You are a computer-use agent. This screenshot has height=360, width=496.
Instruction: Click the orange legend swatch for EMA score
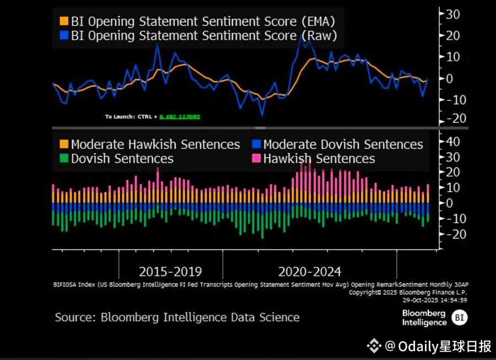[63, 22]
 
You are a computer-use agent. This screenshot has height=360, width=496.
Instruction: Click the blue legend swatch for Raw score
[63, 36]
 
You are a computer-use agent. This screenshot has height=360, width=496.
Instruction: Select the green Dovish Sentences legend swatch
[63, 159]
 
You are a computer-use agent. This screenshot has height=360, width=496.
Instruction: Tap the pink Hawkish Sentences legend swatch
[256, 159]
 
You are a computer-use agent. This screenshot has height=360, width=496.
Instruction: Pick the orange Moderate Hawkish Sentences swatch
[63, 144]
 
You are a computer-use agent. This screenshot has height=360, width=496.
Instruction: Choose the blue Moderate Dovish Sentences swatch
[256, 144]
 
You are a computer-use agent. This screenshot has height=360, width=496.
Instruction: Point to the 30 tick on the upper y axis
[452, 14]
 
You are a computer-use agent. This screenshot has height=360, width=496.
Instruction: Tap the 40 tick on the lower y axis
[452, 142]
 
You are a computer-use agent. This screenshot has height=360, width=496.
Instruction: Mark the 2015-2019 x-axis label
[170, 272]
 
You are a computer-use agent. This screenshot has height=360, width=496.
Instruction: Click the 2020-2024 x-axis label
[310, 272]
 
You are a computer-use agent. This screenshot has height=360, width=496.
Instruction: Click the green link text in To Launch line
[180, 117]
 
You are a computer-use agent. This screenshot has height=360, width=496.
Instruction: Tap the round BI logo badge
[459, 317]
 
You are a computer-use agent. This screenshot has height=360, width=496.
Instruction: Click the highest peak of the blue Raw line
[301, 35]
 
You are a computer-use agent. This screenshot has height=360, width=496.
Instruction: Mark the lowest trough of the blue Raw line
[262, 114]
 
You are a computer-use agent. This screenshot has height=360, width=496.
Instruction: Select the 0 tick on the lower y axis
[449, 203]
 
